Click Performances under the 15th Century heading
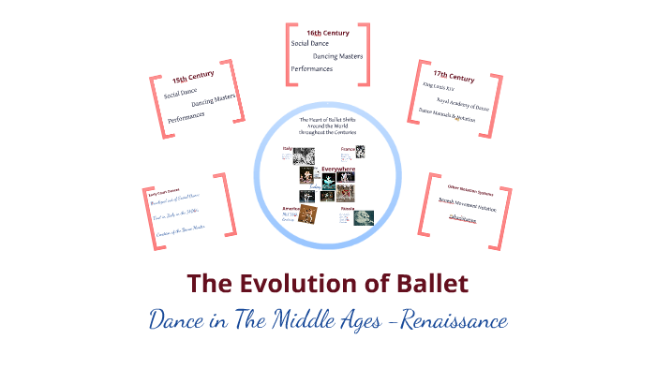pyautogui.click(x=191, y=117)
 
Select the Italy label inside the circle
pyautogui.click(x=289, y=147)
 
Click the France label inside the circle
pyautogui.click(x=348, y=148)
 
